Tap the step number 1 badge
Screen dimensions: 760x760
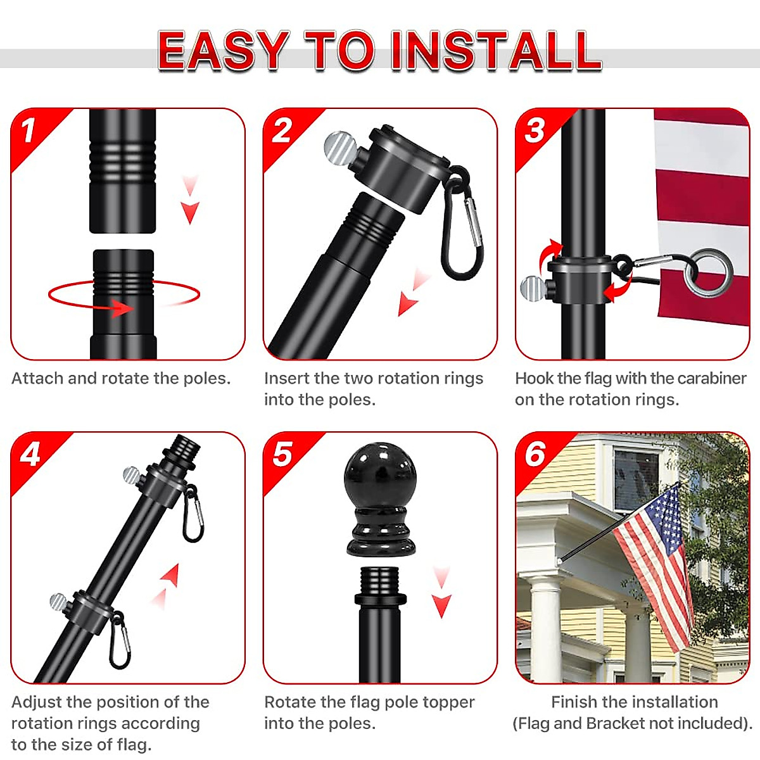coord(28,130)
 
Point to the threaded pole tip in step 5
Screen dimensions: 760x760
coord(379,580)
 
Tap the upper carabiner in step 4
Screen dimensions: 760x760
coord(193,517)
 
